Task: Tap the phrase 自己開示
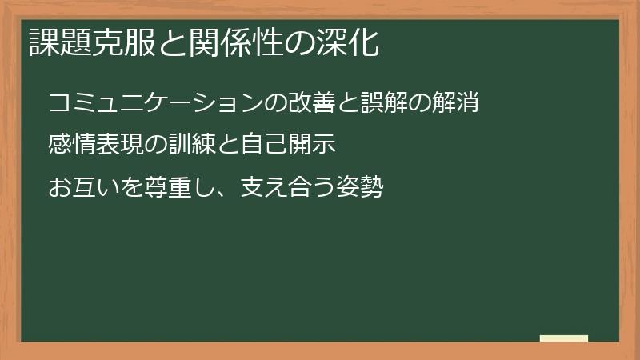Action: (287, 146)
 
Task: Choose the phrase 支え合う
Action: (276, 188)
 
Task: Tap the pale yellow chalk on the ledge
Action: (564, 338)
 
